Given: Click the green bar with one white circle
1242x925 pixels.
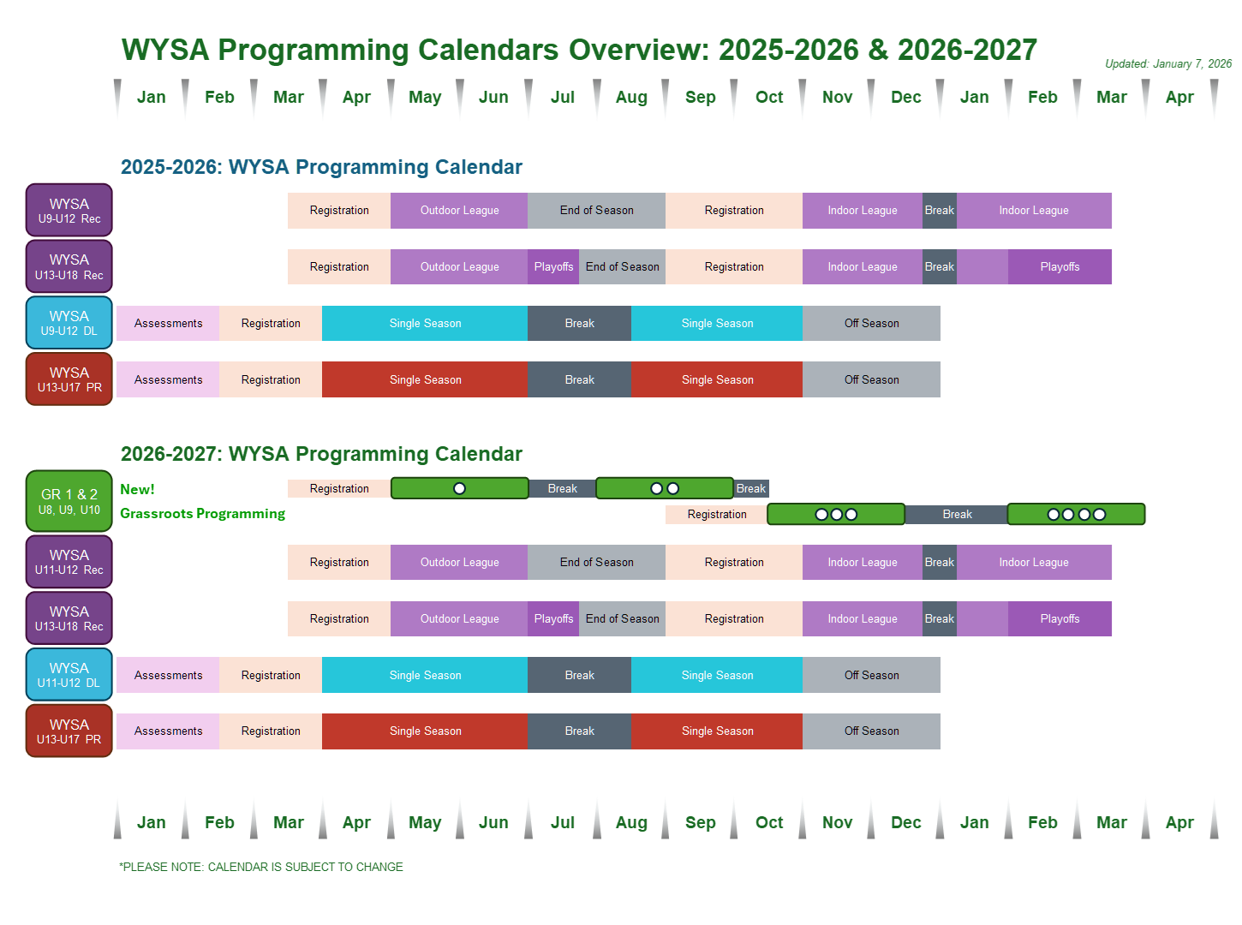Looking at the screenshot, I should coord(460,488).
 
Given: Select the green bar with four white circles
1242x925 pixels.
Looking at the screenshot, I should coord(1076,514).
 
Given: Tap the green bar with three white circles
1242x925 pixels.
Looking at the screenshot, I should coord(836,514).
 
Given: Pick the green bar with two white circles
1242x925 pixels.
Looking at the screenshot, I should coord(665,488).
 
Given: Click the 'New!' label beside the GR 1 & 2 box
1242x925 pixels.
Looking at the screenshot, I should coord(137,489).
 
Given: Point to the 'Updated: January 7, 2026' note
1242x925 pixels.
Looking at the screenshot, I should coord(1168,63).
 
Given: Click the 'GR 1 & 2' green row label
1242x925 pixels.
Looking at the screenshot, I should coord(69,501).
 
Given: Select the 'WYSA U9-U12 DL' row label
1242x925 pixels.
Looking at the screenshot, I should coord(69,323).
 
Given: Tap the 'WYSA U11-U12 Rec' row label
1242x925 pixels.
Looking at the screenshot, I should coord(69,562).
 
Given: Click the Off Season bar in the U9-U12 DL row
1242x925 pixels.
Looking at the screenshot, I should coord(871,323).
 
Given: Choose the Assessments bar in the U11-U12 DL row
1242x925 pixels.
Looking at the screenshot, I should coord(168,675).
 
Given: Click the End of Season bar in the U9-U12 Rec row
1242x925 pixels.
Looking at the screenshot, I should coord(596,210).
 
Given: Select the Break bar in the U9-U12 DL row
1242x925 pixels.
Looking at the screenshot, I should coord(579,323).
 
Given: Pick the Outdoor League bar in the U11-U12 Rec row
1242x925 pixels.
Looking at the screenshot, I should coord(459,562).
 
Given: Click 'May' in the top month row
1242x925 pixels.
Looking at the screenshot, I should coord(425,97).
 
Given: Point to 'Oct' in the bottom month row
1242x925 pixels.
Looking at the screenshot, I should coord(769,822).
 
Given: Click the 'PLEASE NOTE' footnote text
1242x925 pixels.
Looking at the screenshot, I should coord(261,867).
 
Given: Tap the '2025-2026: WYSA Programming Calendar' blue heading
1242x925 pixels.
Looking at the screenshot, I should coord(321,167).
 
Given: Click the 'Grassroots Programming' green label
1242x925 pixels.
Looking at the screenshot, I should coord(203,513).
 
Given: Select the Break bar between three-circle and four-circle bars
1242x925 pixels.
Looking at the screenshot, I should coord(957,514).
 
